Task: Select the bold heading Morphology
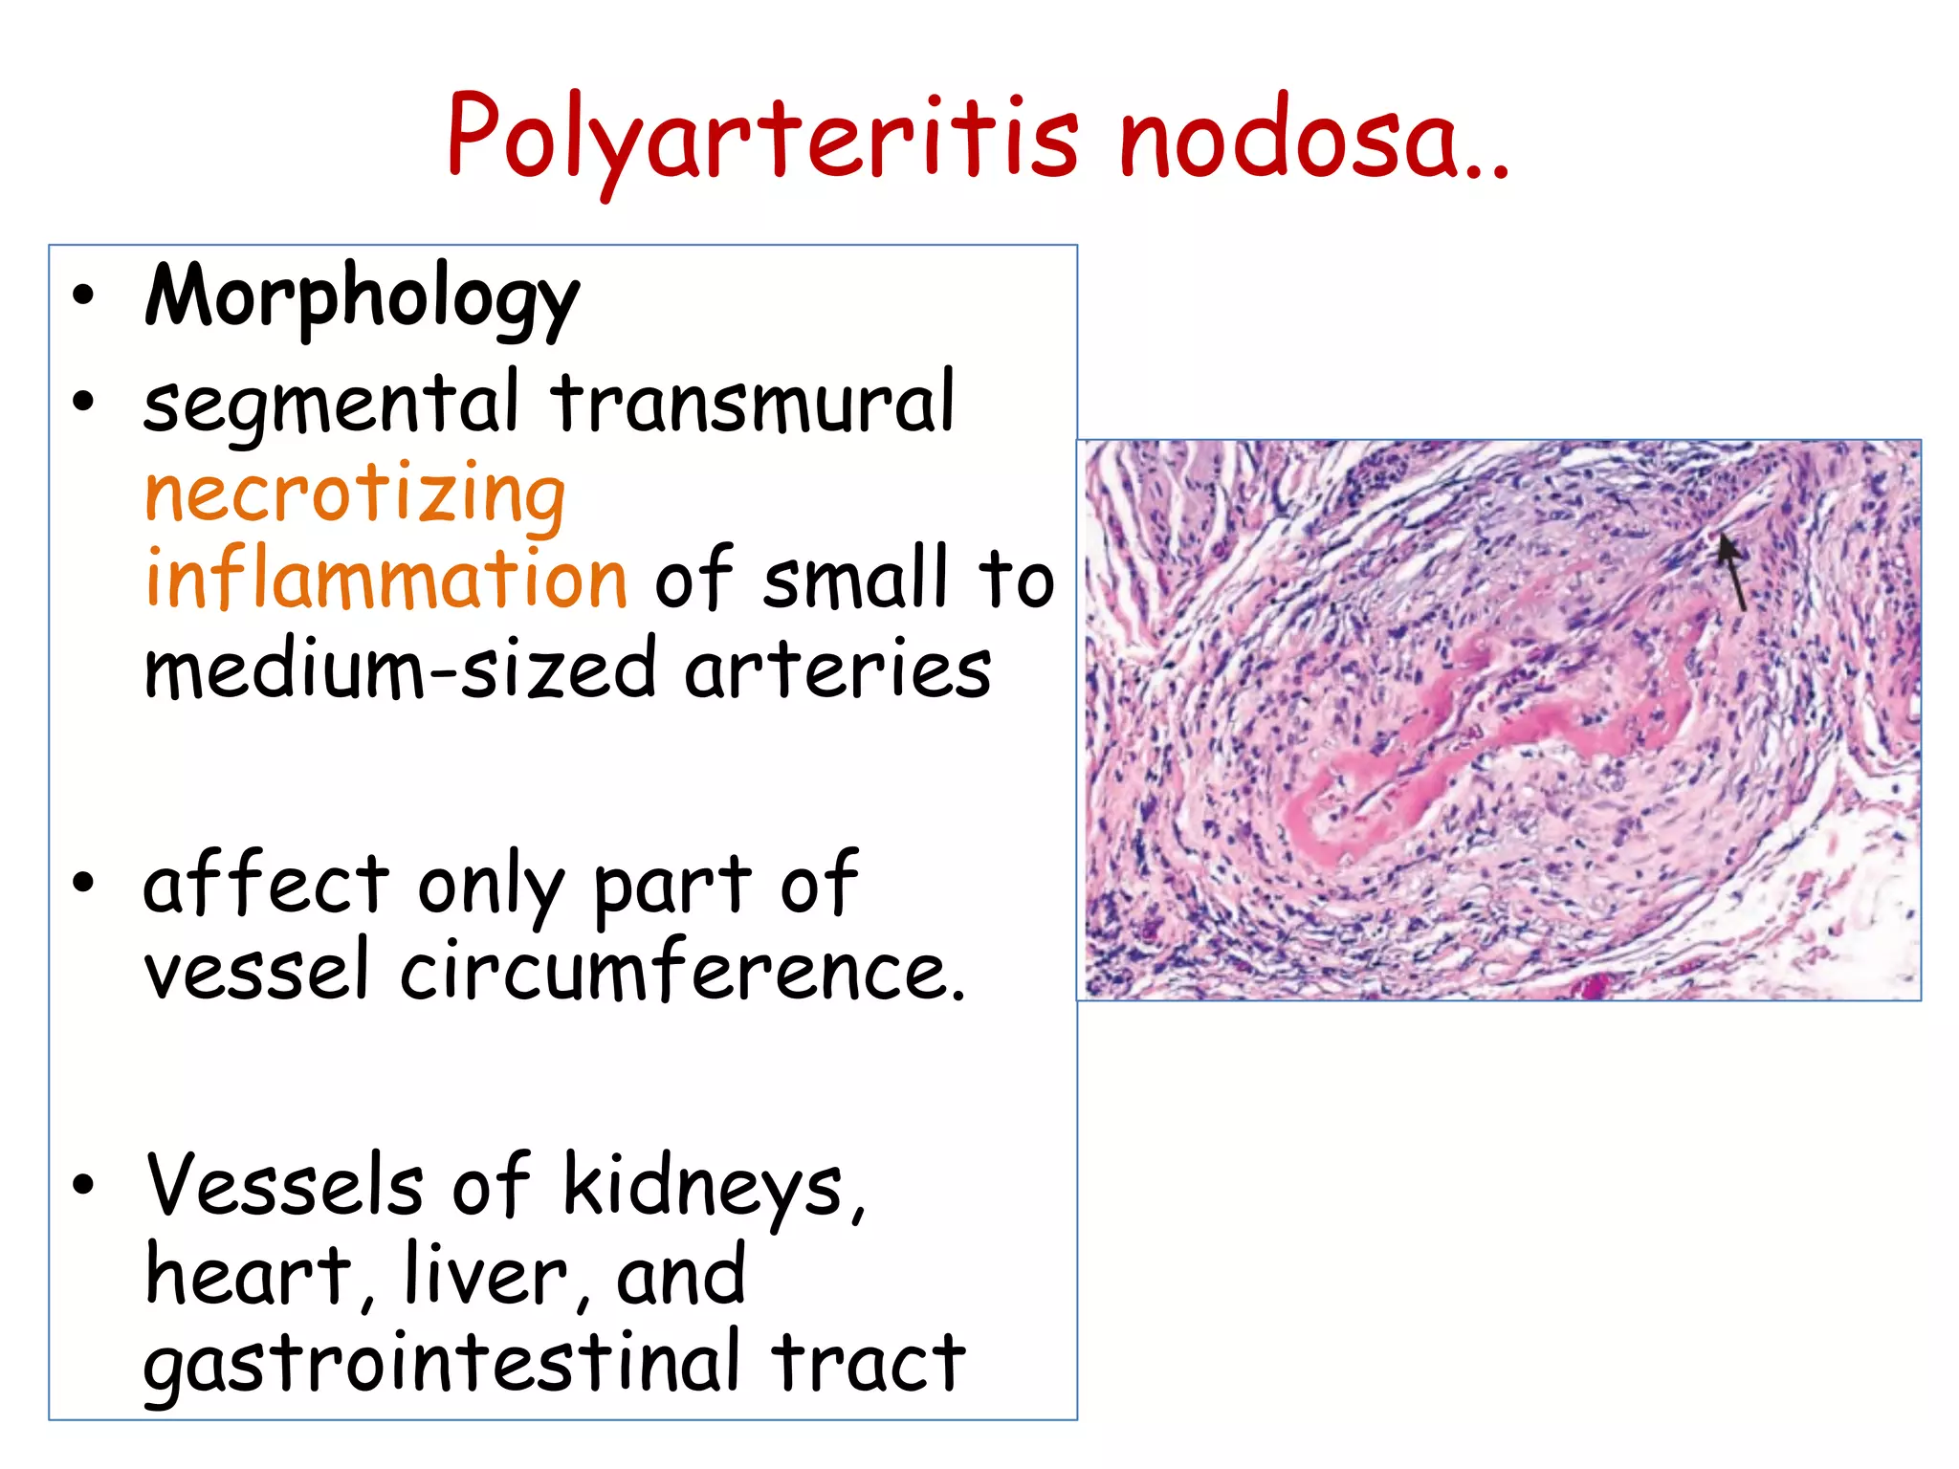click(361, 298)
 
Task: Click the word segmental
click(331, 405)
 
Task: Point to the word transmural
click(752, 402)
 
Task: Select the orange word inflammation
click(385, 580)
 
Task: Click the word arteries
click(837, 669)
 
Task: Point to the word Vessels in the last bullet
click(284, 1186)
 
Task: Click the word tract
click(869, 1364)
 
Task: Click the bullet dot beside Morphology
click(84, 296)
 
